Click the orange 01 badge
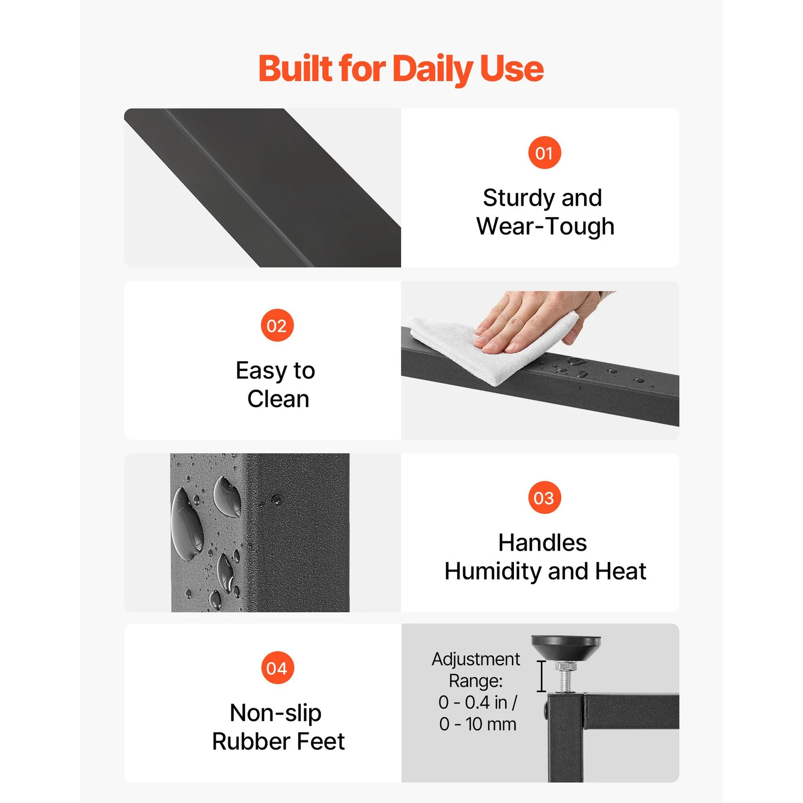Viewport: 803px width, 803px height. click(545, 153)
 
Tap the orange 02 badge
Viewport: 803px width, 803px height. click(277, 326)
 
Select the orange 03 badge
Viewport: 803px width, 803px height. click(545, 498)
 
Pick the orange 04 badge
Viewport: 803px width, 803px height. click(277, 668)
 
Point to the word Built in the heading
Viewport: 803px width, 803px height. click(295, 68)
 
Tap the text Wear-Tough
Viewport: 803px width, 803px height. click(545, 226)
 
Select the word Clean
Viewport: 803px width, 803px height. click(278, 399)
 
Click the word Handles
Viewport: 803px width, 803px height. click(543, 543)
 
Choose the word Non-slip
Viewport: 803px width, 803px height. click(276, 713)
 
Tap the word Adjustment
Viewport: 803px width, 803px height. click(476, 659)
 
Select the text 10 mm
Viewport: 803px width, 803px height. click(490, 724)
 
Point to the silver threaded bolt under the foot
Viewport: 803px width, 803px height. click(566, 679)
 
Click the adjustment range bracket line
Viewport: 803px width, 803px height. click(541, 677)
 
